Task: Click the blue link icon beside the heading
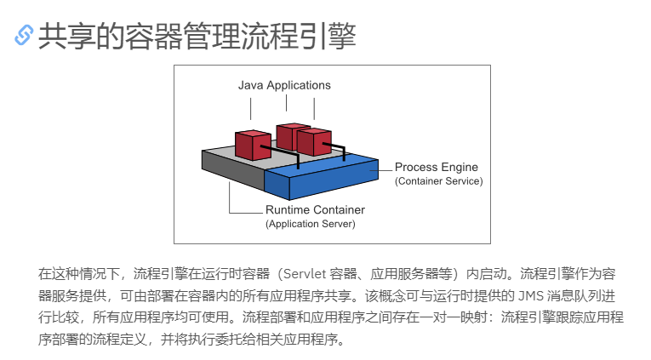pyautogui.click(x=24, y=35)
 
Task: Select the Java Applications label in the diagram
pyautogui.click(x=284, y=85)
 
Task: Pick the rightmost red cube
pyautogui.click(x=313, y=140)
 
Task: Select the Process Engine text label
pyautogui.click(x=437, y=168)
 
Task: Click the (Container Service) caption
pyautogui.click(x=438, y=181)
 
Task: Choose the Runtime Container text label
pyautogui.click(x=315, y=209)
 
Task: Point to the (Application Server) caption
pyautogui.click(x=310, y=224)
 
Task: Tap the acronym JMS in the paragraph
pyautogui.click(x=533, y=296)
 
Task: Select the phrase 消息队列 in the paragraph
pyautogui.click(x=579, y=296)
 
